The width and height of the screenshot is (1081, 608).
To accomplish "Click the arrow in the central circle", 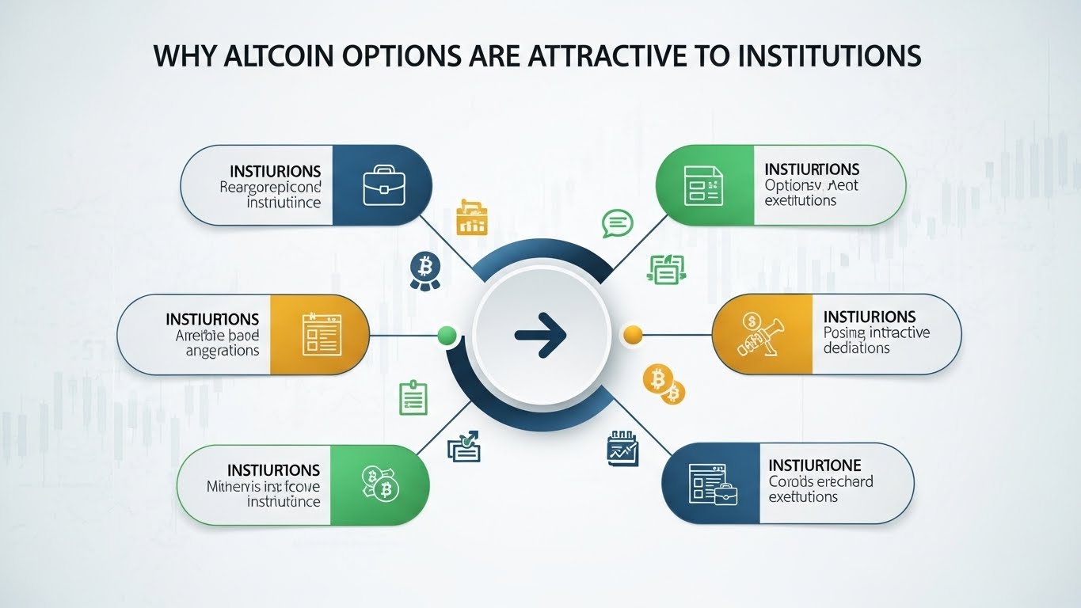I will [541, 335].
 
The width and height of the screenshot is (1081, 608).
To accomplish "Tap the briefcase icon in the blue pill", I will [384, 185].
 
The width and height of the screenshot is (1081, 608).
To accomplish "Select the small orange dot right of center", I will [633, 335].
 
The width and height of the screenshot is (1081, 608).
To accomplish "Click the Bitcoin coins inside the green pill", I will [380, 484].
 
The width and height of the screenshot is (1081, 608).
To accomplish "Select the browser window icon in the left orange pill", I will [322, 335].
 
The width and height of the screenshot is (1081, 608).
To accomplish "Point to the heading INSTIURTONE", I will [815, 465].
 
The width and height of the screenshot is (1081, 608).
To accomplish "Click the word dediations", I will [857, 348].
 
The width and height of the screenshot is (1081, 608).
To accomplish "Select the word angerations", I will [223, 350].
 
